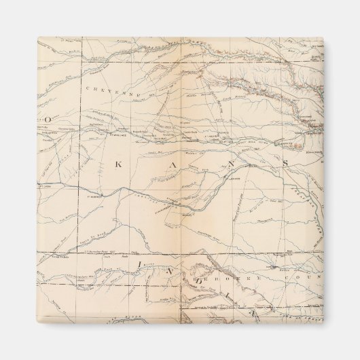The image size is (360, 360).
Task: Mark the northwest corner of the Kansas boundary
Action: point(84,64)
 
